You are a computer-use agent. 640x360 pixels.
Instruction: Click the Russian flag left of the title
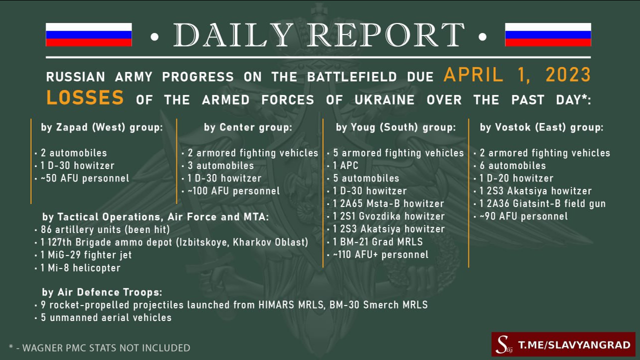pyautogui.click(x=88, y=34)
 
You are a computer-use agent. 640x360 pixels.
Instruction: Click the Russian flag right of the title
pyautogui.click(x=548, y=34)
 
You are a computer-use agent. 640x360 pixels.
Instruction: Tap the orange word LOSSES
pyautogui.click(x=85, y=97)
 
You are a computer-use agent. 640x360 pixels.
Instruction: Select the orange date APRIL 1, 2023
pyautogui.click(x=517, y=75)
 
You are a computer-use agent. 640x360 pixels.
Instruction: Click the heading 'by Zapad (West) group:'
pyautogui.click(x=101, y=127)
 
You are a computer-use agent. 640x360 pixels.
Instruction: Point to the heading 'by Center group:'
pyautogui.click(x=248, y=127)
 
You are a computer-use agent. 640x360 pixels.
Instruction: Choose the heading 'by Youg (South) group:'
pyautogui.click(x=395, y=127)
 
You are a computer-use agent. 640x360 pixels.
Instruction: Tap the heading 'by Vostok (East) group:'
pyautogui.click(x=541, y=127)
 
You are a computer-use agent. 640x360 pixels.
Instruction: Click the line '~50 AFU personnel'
pyautogui.click(x=85, y=178)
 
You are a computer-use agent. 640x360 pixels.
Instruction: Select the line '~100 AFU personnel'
pyautogui.click(x=233, y=191)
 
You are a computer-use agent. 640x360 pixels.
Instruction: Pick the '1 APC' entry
pyautogui.click(x=345, y=165)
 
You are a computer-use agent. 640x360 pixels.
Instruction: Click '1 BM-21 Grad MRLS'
pyautogui.click(x=377, y=242)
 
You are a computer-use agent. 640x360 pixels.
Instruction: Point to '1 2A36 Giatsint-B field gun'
pyautogui.click(x=542, y=203)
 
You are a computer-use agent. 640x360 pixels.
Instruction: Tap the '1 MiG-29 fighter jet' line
pyautogui.click(x=86, y=255)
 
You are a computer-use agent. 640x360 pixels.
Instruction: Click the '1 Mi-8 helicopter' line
pyautogui.click(x=80, y=268)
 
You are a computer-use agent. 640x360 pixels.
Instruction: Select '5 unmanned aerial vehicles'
pyautogui.click(x=106, y=317)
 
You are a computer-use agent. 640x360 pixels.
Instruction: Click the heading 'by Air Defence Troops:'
pyautogui.click(x=102, y=292)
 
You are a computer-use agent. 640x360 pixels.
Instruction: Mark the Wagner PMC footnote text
pyautogui.click(x=99, y=348)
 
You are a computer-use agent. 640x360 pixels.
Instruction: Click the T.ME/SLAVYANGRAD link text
pyautogui.click(x=574, y=345)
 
